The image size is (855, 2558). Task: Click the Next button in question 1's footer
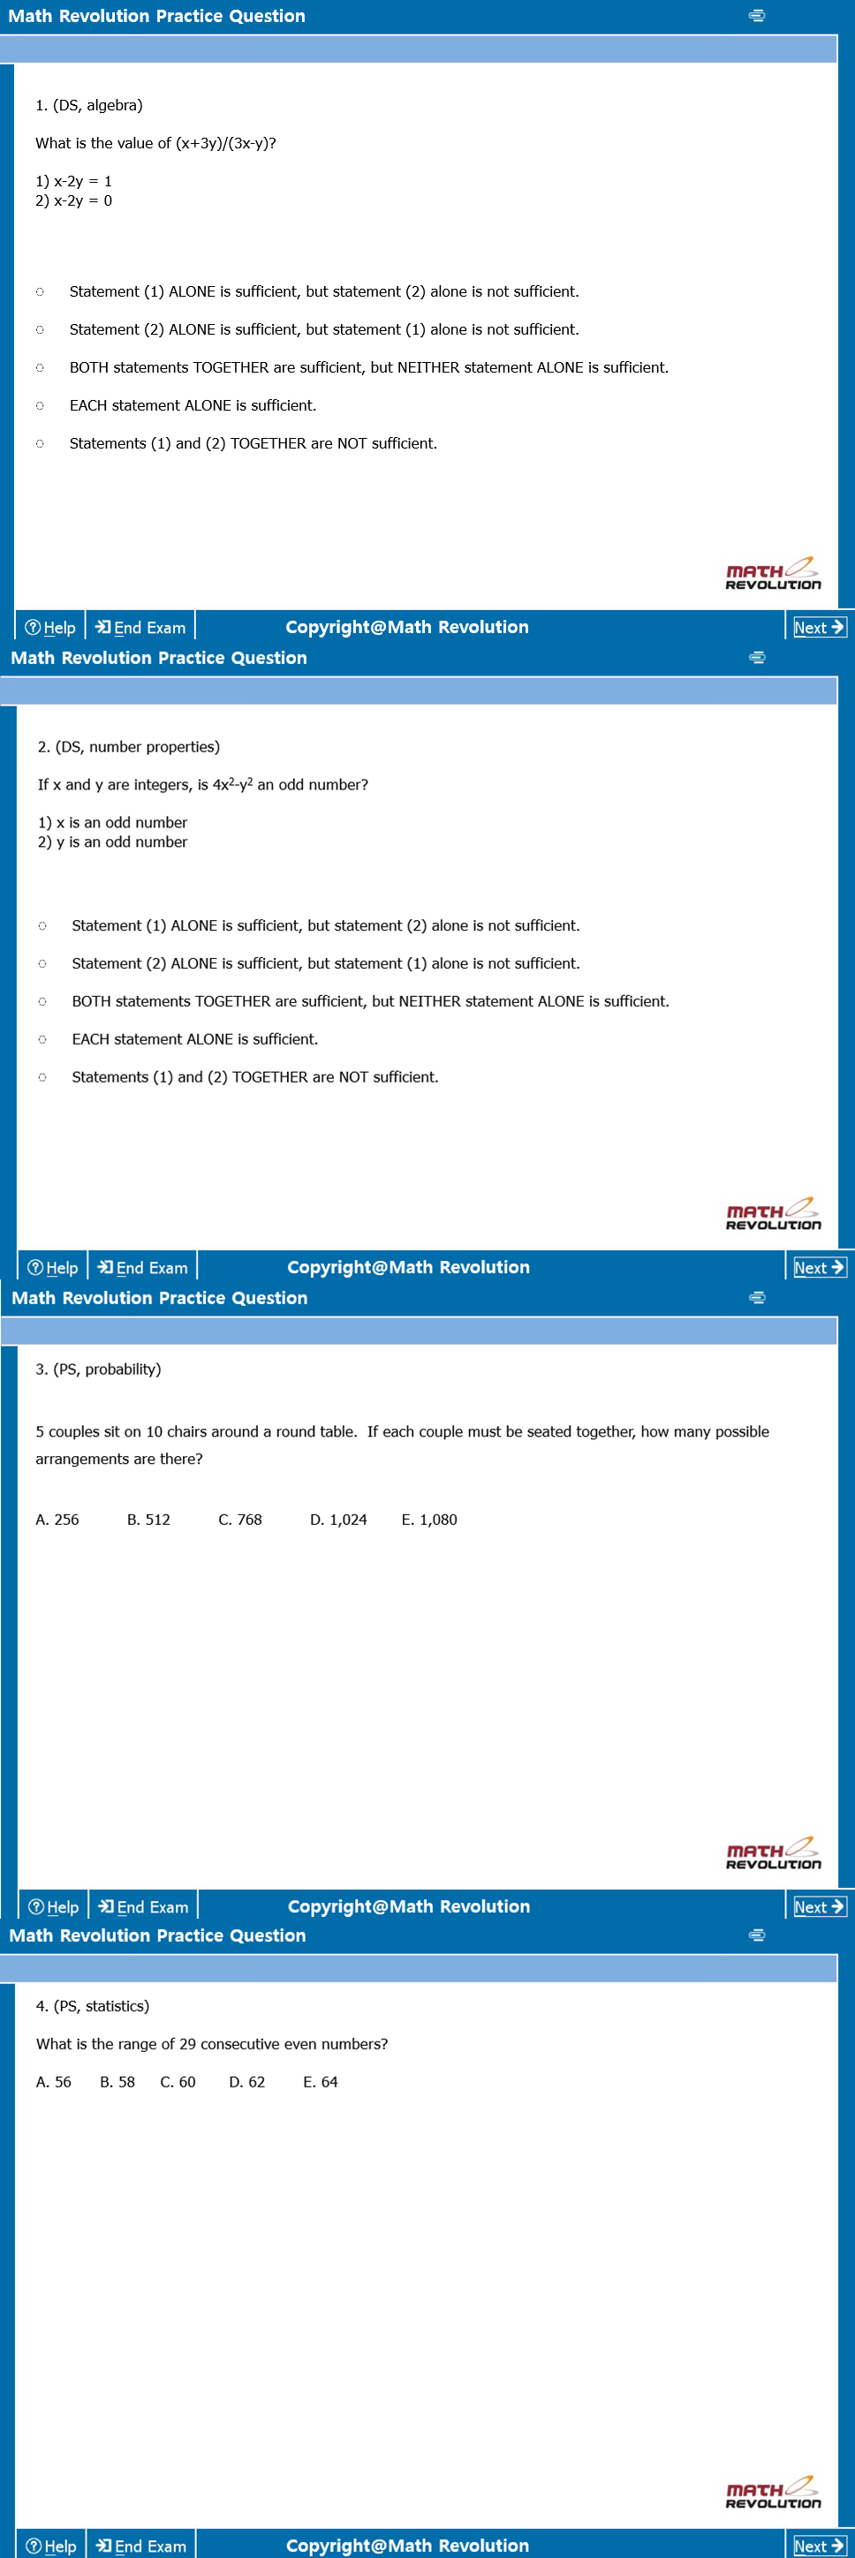(x=818, y=628)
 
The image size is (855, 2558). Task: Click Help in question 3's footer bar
(x=54, y=1907)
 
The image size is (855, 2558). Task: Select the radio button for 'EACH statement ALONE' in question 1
(x=40, y=405)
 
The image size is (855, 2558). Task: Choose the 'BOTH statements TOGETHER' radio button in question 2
(x=42, y=1001)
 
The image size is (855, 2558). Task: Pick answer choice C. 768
(x=239, y=1520)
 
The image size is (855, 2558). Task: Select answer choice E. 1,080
(x=429, y=1520)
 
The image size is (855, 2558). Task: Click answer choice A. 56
(x=54, y=2081)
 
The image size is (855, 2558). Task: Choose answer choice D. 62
(x=246, y=2081)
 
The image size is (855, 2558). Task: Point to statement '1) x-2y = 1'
(x=73, y=181)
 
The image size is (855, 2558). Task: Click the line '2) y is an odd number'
(x=112, y=842)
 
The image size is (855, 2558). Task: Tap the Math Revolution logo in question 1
(x=773, y=573)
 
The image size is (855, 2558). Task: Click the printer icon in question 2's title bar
(x=757, y=657)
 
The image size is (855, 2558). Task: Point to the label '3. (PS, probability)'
(x=98, y=1370)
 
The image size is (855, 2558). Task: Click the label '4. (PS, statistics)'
(x=93, y=2006)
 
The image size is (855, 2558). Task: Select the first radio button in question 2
(x=42, y=925)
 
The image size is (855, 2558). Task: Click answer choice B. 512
(x=148, y=1520)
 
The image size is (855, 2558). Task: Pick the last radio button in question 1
(x=40, y=444)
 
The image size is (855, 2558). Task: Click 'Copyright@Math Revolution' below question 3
(x=408, y=1906)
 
